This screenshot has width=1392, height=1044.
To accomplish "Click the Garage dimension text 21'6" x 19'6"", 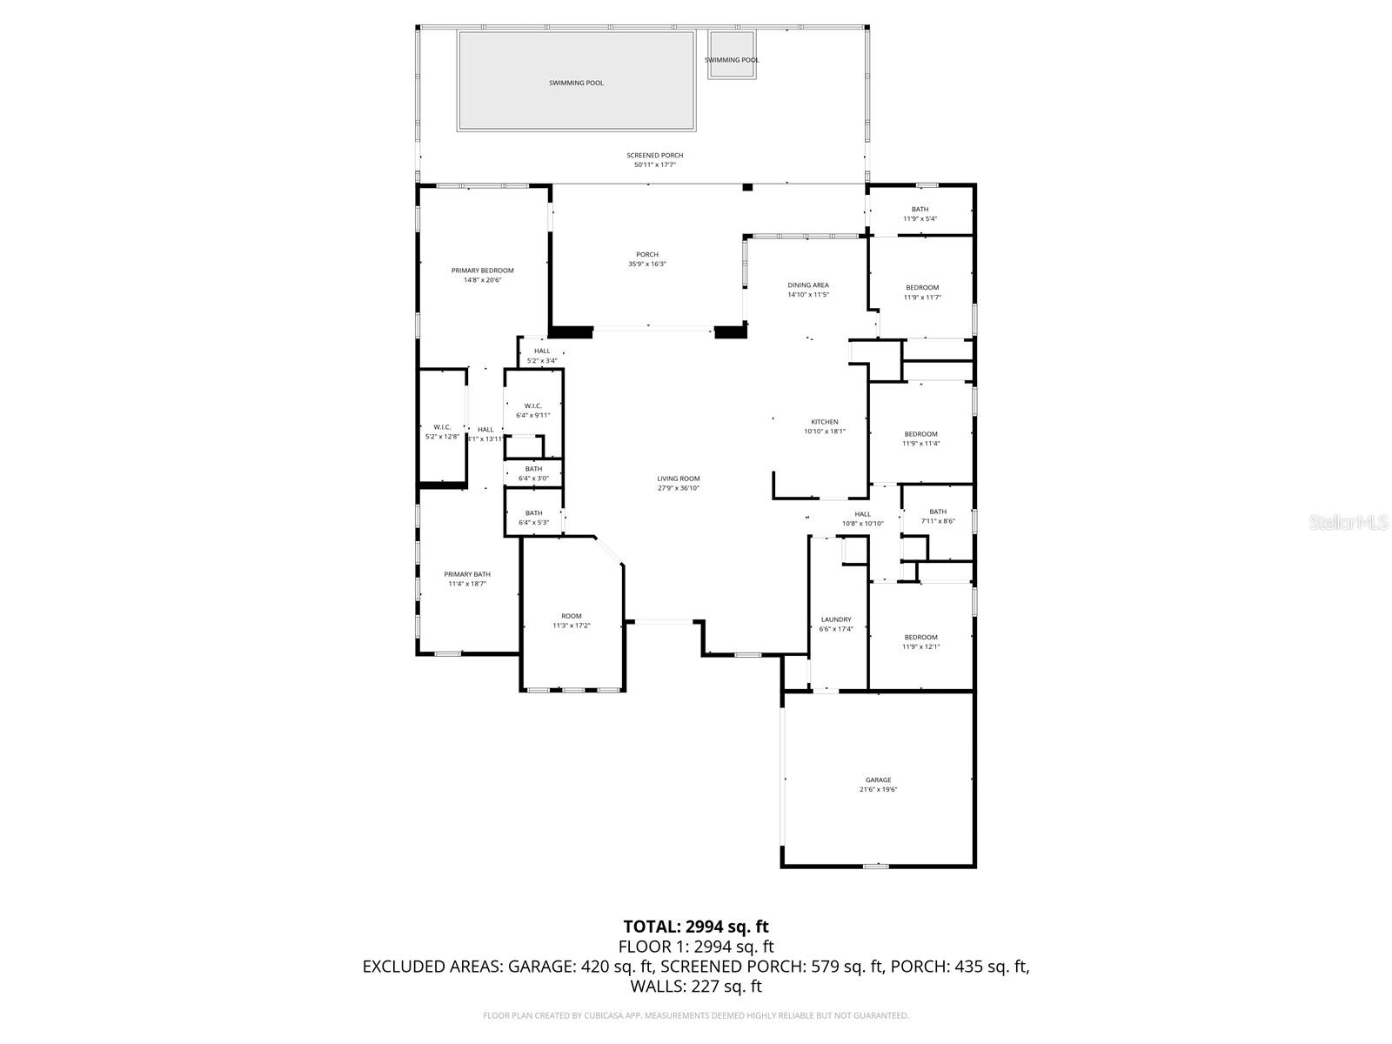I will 878,790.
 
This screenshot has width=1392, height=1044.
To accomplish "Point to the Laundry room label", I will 836,619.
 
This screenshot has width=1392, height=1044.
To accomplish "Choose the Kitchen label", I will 824,422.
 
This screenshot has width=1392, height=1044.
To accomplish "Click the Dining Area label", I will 808,285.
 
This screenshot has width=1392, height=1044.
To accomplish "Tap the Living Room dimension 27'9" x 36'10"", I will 678,488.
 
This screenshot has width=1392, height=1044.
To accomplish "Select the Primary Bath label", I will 467,574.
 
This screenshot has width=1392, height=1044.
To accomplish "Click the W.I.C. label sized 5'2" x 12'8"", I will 441,427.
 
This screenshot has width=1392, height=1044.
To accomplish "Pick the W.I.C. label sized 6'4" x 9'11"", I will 533,406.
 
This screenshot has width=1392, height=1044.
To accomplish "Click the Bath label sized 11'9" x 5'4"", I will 920,209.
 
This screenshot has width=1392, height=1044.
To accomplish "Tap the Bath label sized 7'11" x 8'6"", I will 937,512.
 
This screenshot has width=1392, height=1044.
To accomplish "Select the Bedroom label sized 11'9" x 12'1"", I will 920,637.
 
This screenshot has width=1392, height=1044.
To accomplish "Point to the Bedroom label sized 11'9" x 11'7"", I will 922,288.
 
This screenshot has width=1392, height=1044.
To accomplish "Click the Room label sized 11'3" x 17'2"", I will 571,616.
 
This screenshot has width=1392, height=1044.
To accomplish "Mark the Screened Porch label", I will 655,156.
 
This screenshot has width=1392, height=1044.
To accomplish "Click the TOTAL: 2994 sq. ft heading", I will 695,927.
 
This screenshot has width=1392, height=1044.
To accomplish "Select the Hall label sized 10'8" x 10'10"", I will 862,514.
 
